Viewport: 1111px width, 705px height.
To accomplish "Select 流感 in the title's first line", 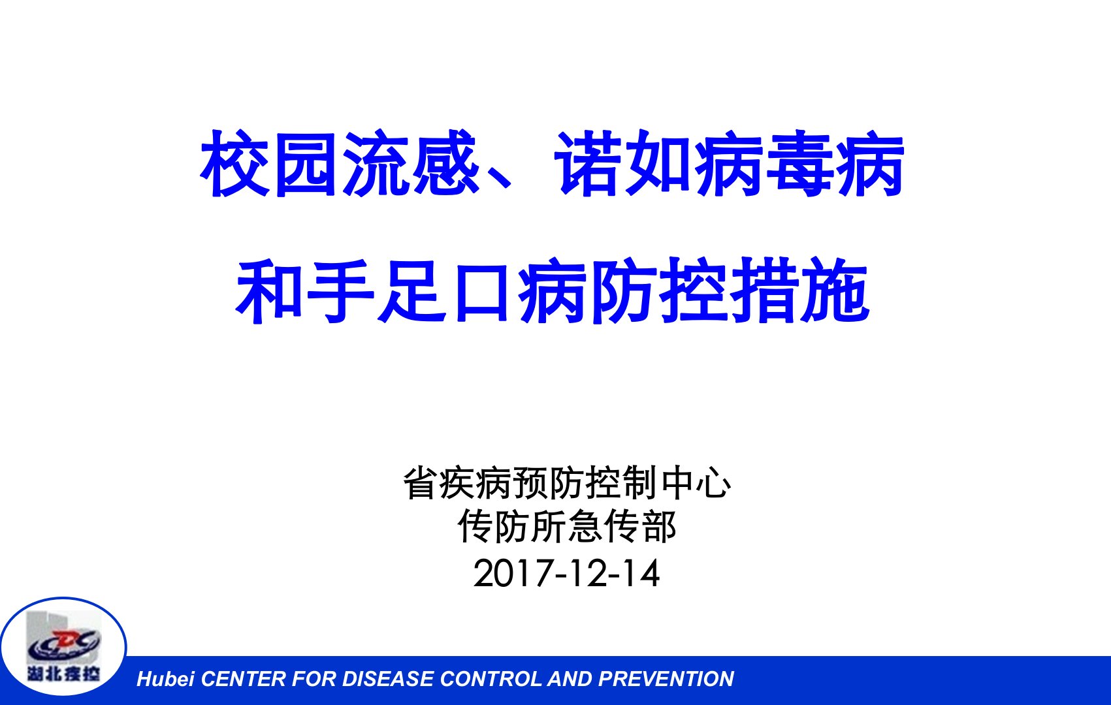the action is coord(411,163).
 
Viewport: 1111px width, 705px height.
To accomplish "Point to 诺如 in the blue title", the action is coord(622,163).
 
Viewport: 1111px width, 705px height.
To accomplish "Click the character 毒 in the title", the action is coord(799,163).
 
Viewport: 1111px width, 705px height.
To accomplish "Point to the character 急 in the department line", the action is coord(585,526).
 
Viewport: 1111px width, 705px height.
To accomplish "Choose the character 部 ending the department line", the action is coord(658,526).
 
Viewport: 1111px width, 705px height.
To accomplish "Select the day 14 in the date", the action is coord(642,574).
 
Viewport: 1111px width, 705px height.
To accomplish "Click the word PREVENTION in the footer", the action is coord(666,680).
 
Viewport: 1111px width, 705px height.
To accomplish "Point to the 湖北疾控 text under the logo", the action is coord(63,673).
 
